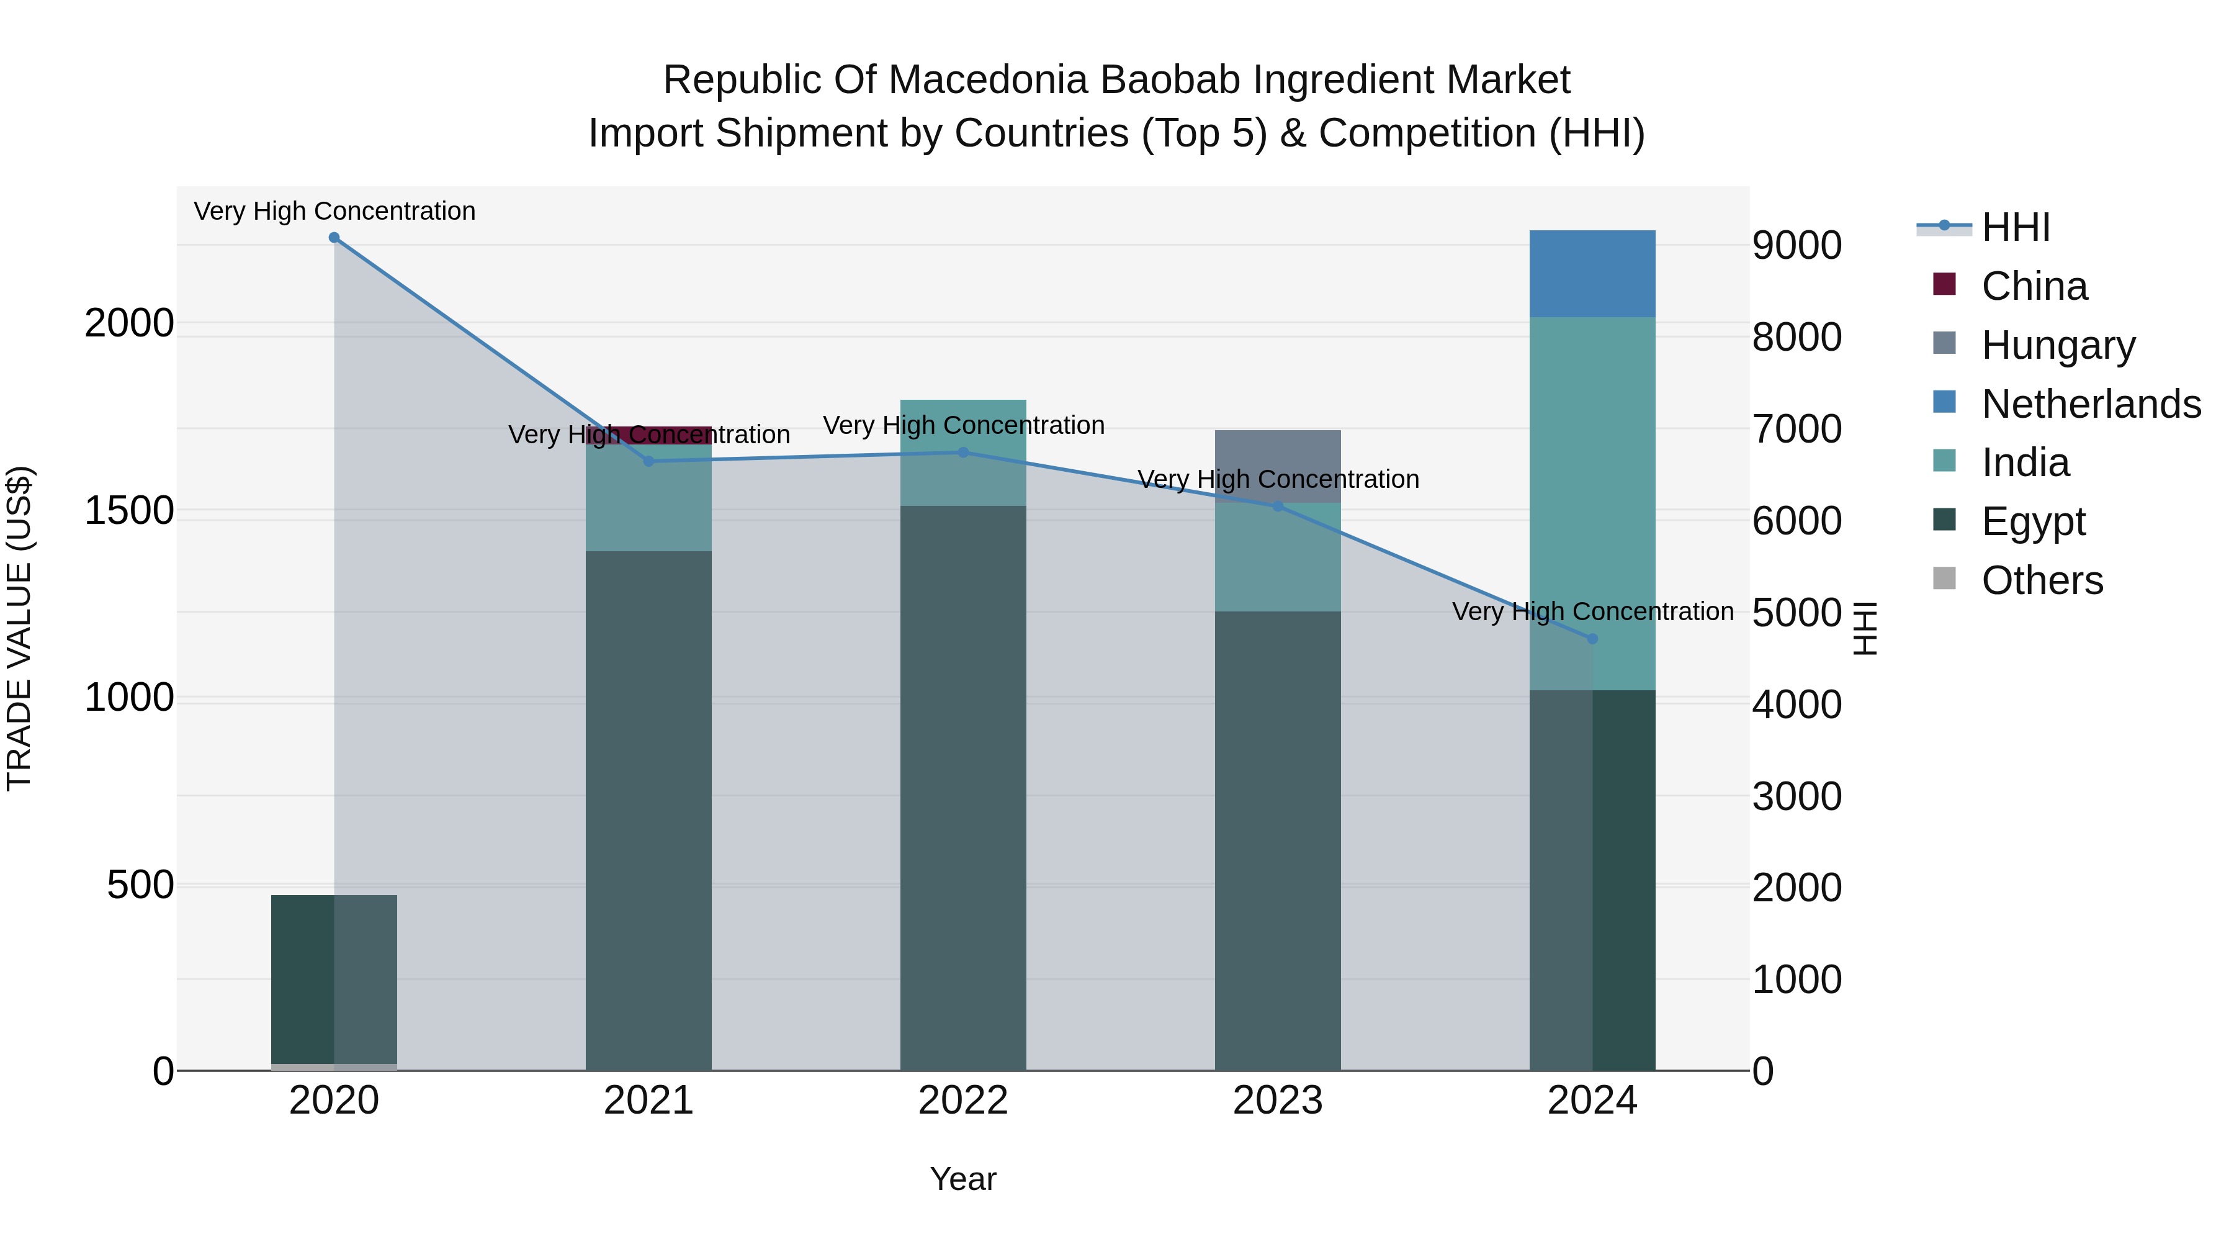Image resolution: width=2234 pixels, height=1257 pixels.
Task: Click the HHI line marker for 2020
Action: tap(334, 238)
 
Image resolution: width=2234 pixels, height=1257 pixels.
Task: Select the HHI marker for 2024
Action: tap(1592, 639)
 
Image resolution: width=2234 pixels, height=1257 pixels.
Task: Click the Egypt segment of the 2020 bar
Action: tap(334, 978)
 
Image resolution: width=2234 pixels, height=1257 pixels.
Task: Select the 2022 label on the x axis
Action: tap(962, 1101)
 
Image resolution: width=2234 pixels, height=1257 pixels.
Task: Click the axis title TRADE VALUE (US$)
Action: tap(19, 628)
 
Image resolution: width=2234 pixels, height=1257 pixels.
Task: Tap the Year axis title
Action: tap(962, 1179)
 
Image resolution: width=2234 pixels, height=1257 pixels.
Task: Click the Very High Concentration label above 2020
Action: tap(334, 211)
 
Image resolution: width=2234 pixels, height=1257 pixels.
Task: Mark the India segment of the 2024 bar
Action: tap(1592, 503)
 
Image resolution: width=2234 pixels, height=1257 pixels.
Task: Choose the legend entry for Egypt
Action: tap(2033, 521)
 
